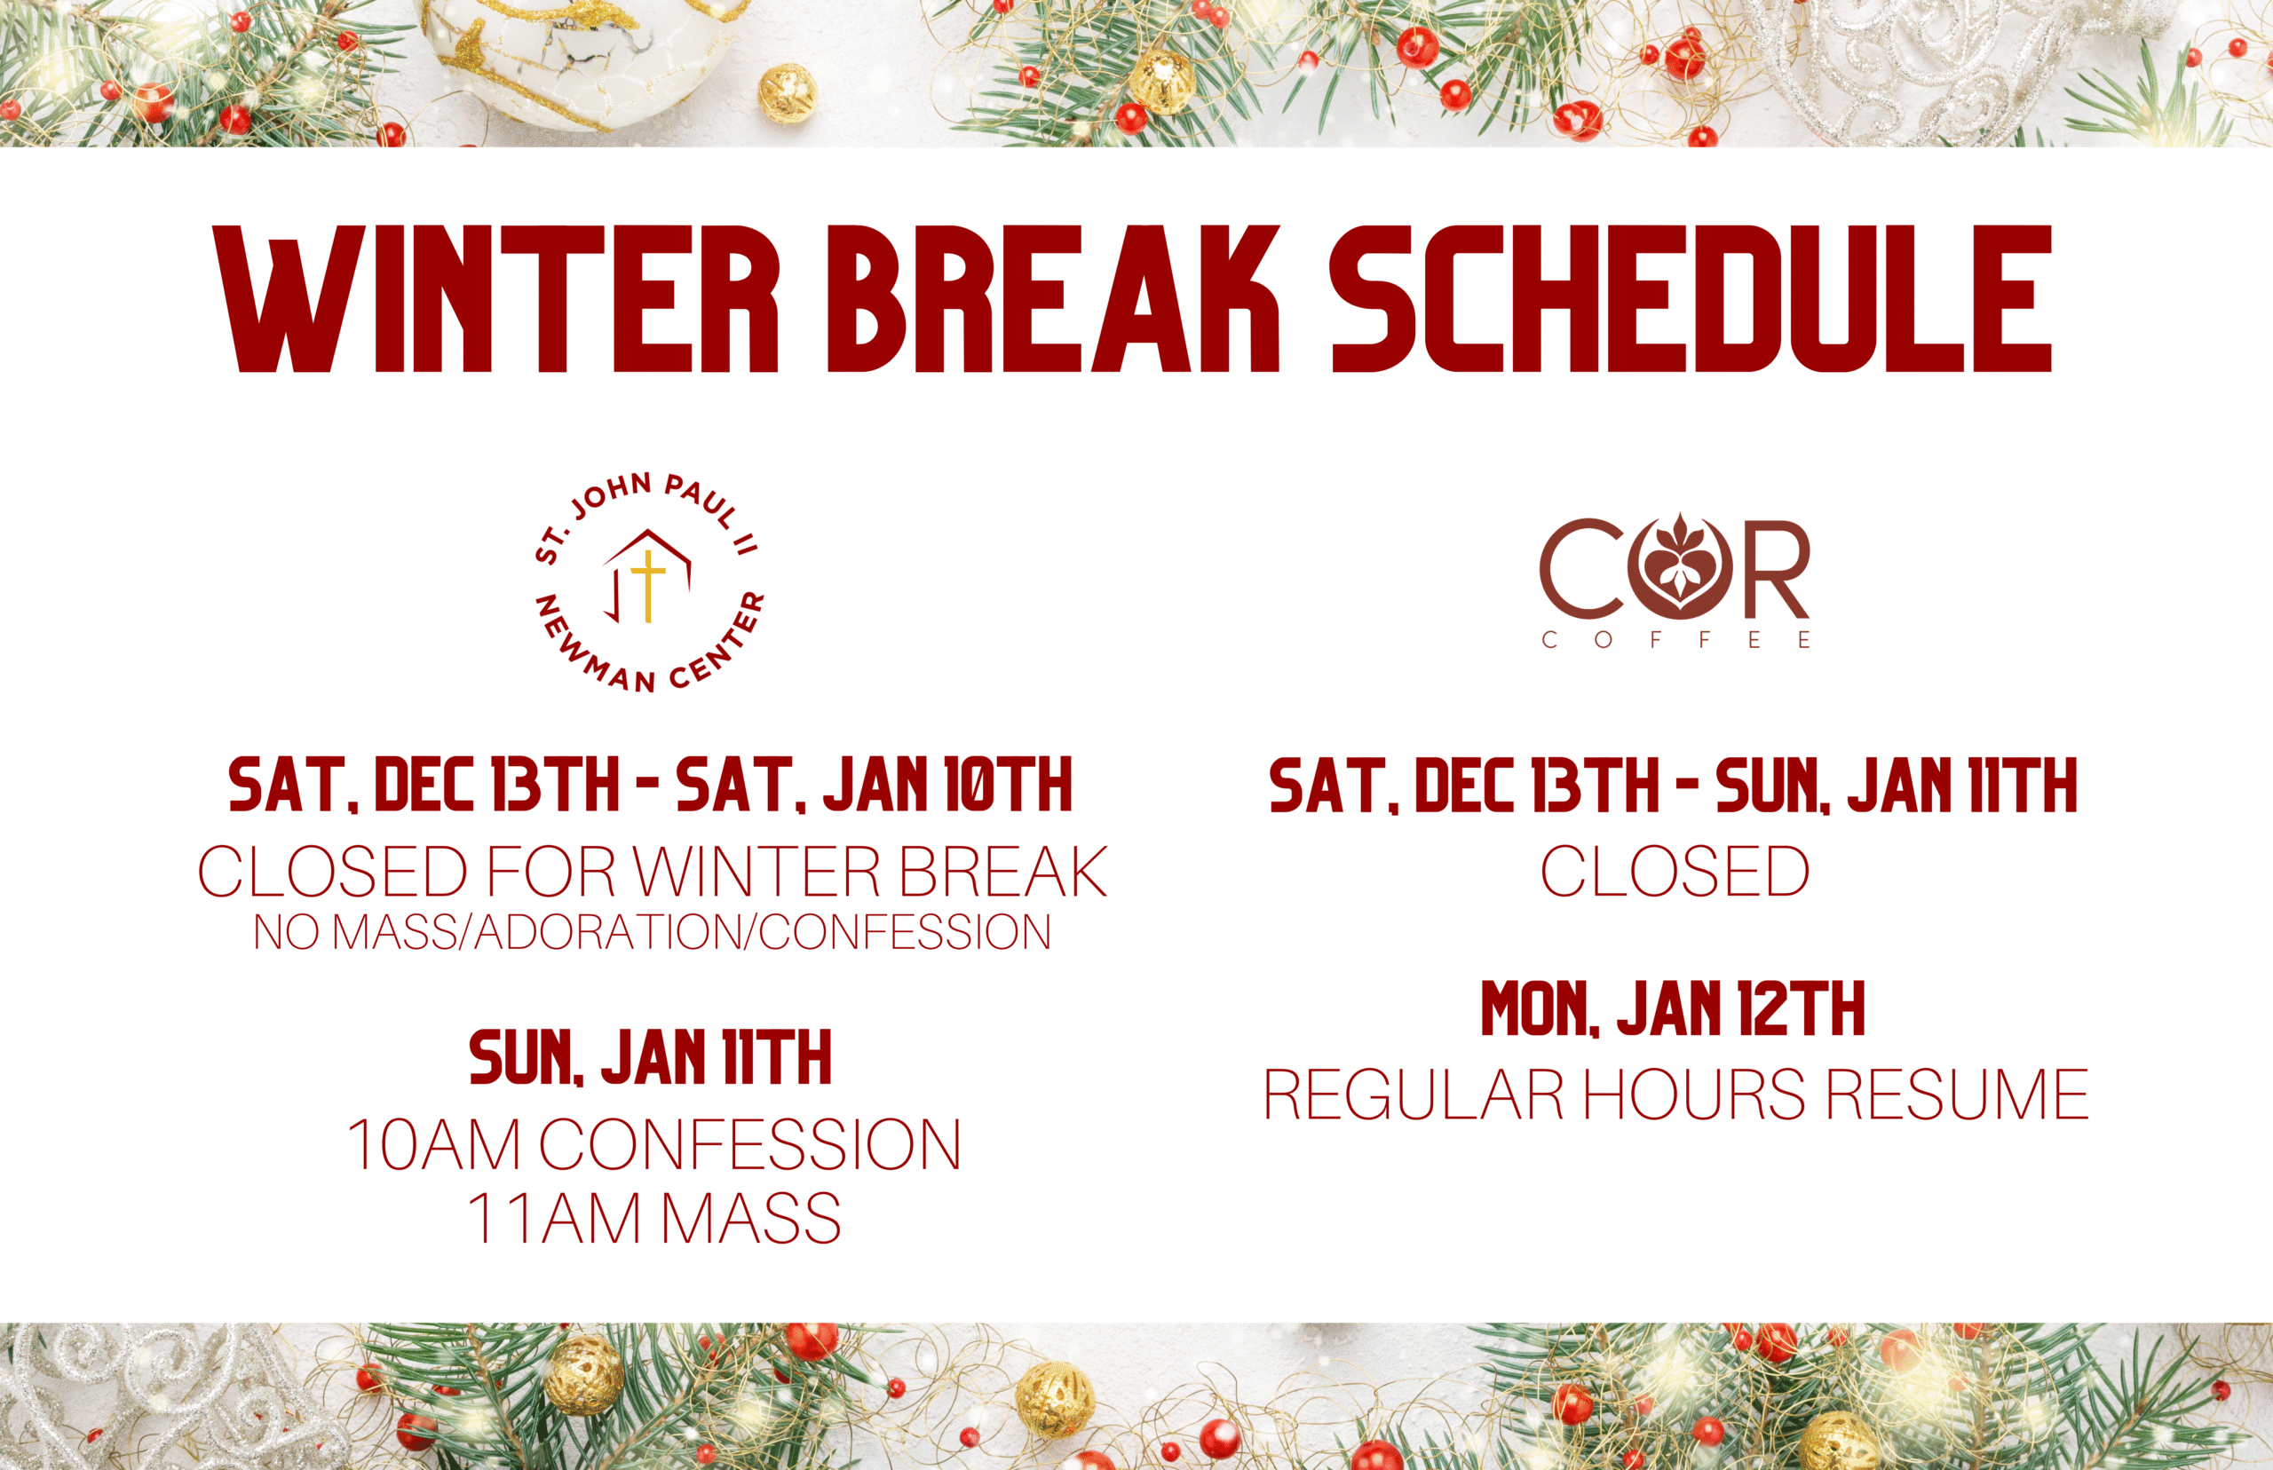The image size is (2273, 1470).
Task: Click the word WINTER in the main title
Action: pyautogui.click(x=497, y=299)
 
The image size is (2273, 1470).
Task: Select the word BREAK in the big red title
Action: pyautogui.click(x=1054, y=299)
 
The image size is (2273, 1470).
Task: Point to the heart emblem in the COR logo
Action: pyautogui.click(x=1679, y=567)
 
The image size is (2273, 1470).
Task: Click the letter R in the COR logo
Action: pyautogui.click(x=1770, y=570)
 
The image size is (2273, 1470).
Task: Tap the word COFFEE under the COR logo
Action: pyautogui.click(x=1676, y=639)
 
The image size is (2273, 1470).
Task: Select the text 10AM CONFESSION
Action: pyautogui.click(x=653, y=1143)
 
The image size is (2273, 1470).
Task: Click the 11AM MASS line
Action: pyautogui.click(x=653, y=1218)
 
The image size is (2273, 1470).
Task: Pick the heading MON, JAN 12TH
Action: pyautogui.click(x=1673, y=1009)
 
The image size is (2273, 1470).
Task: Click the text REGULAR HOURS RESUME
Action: pyautogui.click(x=1676, y=1094)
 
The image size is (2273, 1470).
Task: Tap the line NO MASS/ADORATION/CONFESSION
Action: pyautogui.click(x=652, y=933)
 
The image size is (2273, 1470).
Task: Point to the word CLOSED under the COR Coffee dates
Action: pyautogui.click(x=1675, y=871)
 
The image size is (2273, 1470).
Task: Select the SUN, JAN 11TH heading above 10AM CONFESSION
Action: pyautogui.click(x=650, y=1057)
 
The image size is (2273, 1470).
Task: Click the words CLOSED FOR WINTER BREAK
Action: pyautogui.click(x=652, y=871)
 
